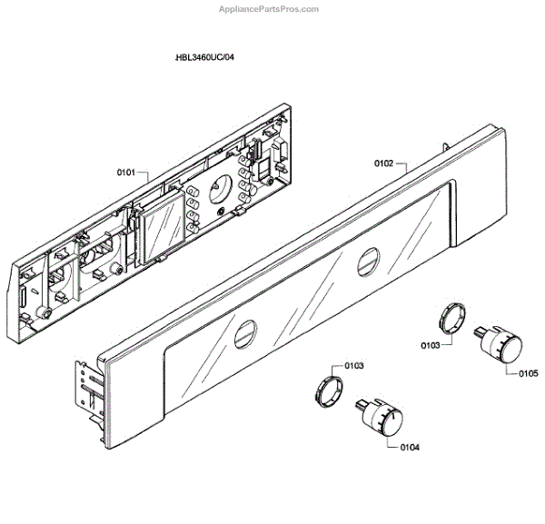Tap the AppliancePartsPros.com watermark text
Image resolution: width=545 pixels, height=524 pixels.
(271, 8)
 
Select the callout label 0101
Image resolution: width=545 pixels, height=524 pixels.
(125, 171)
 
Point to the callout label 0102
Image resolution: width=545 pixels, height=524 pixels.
(383, 164)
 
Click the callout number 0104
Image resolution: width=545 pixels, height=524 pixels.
(408, 447)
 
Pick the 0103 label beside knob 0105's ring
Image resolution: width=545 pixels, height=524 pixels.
(431, 345)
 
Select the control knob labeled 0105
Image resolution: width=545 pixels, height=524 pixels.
(502, 346)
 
